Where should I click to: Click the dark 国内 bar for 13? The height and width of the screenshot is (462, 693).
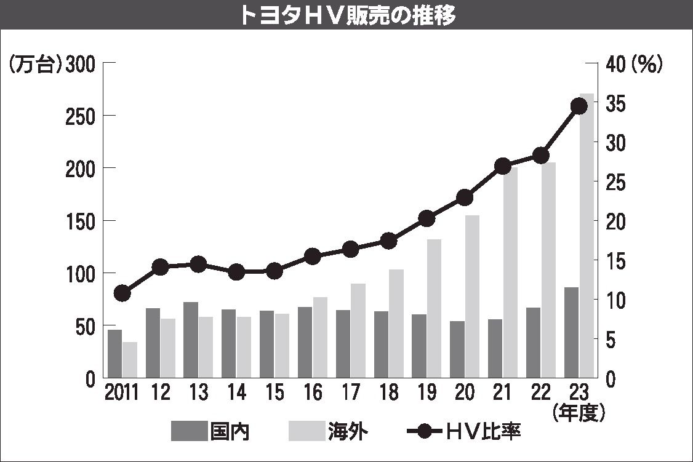pos(191,340)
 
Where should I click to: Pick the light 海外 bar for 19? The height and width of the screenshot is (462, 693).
pos(435,308)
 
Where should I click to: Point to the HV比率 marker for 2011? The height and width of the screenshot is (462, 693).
pos(122,293)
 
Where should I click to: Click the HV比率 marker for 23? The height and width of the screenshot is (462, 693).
pos(579,106)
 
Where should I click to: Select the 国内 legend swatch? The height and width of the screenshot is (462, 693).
pos(189,431)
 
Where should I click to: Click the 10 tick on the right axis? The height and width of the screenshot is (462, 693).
pos(616,300)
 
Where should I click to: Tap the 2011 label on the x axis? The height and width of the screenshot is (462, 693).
pos(121,392)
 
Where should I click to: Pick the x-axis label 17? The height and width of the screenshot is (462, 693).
pos(351,392)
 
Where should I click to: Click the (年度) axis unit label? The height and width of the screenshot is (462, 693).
pos(579,412)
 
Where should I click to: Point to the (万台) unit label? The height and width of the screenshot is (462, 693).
pos(35,63)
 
